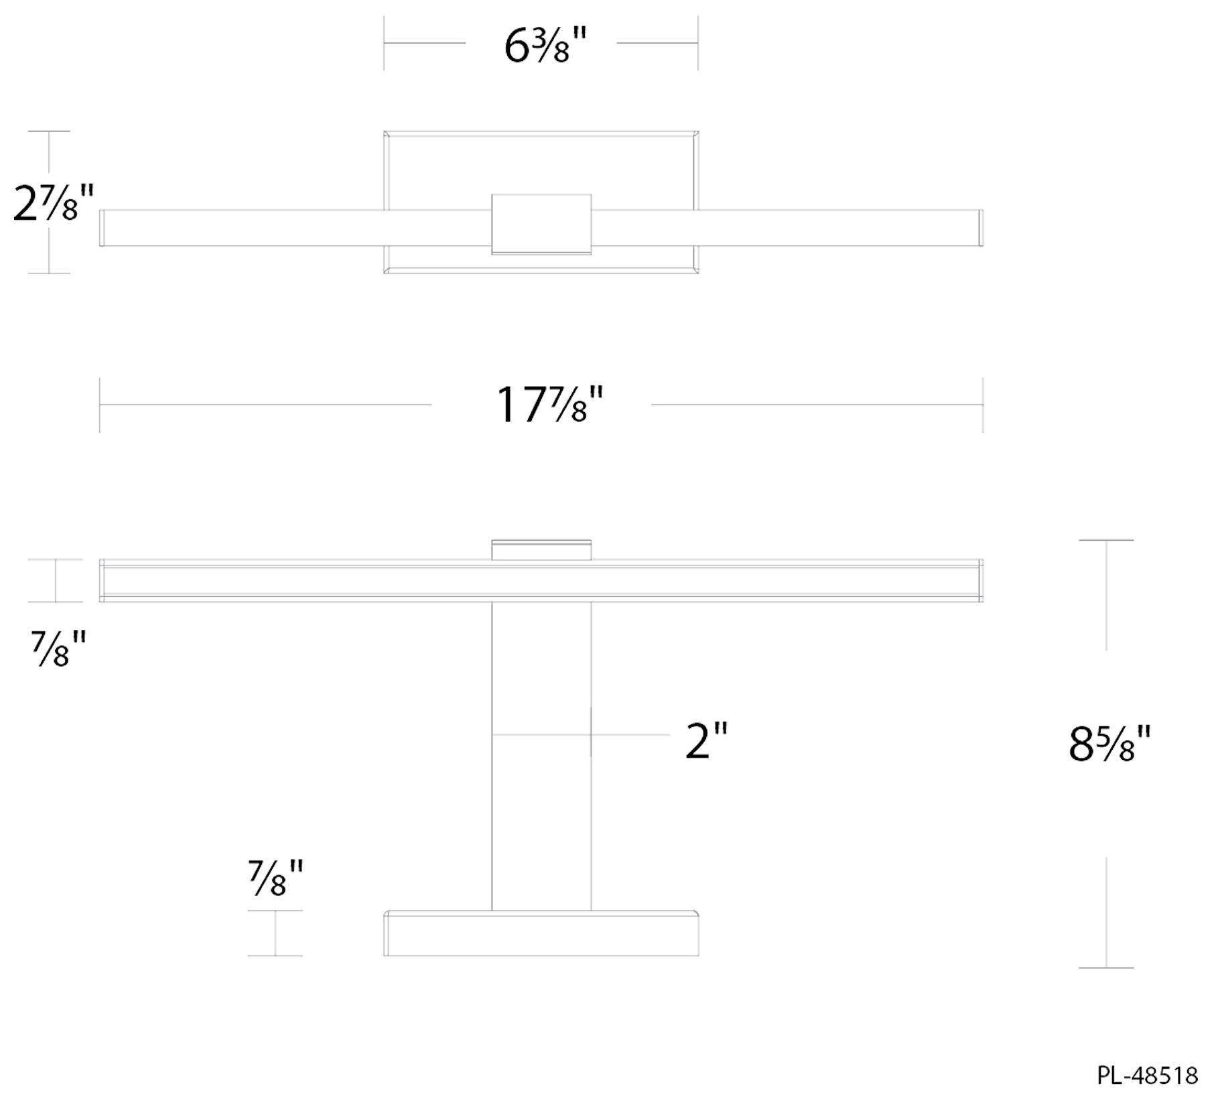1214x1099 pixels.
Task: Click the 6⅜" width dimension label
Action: (x=545, y=46)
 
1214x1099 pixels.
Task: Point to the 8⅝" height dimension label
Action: (x=1109, y=744)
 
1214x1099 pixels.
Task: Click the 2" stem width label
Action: (x=705, y=740)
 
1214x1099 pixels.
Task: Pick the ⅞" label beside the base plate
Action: (x=275, y=879)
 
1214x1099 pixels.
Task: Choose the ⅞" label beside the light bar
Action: (x=58, y=649)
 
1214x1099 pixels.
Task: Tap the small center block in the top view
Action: (x=541, y=224)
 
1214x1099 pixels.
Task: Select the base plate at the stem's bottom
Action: (x=541, y=933)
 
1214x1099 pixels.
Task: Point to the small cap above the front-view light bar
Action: (x=541, y=549)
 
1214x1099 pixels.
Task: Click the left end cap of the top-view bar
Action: (x=103, y=228)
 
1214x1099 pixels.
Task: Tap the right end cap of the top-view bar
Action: (x=980, y=228)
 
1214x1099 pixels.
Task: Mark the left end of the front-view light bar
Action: (x=103, y=580)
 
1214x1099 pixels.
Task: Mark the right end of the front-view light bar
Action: (x=980, y=580)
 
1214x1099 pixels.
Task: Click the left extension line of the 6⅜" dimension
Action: (x=384, y=43)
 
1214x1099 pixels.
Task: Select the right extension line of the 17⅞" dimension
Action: (x=983, y=405)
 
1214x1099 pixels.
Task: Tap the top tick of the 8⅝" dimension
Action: (x=1106, y=540)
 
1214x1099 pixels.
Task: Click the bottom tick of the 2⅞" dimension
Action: (x=49, y=273)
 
